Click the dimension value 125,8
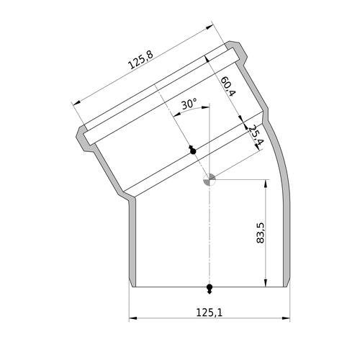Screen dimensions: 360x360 (140, 60)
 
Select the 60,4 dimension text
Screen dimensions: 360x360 (228, 86)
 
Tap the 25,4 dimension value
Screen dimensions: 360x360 (256, 135)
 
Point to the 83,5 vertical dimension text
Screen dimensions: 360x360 (260, 233)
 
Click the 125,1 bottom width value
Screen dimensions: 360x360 (210, 312)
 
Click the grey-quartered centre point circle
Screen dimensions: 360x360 (210, 179)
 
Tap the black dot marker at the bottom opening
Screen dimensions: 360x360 (210, 288)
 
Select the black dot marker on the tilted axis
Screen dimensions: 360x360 (192, 150)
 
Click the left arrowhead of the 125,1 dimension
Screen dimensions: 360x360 (133, 318)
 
